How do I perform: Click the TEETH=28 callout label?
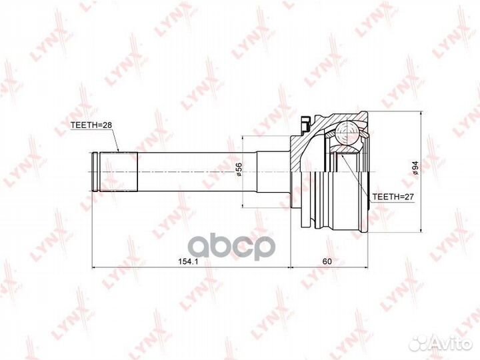tap(91, 125)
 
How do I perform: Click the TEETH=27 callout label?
tap(393, 197)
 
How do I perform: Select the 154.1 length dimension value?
tap(187, 261)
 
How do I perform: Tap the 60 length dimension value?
tap(327, 261)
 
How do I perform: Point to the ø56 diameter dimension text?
tap(239, 169)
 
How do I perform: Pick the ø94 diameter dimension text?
tap(415, 168)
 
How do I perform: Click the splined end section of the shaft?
tap(119, 172)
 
